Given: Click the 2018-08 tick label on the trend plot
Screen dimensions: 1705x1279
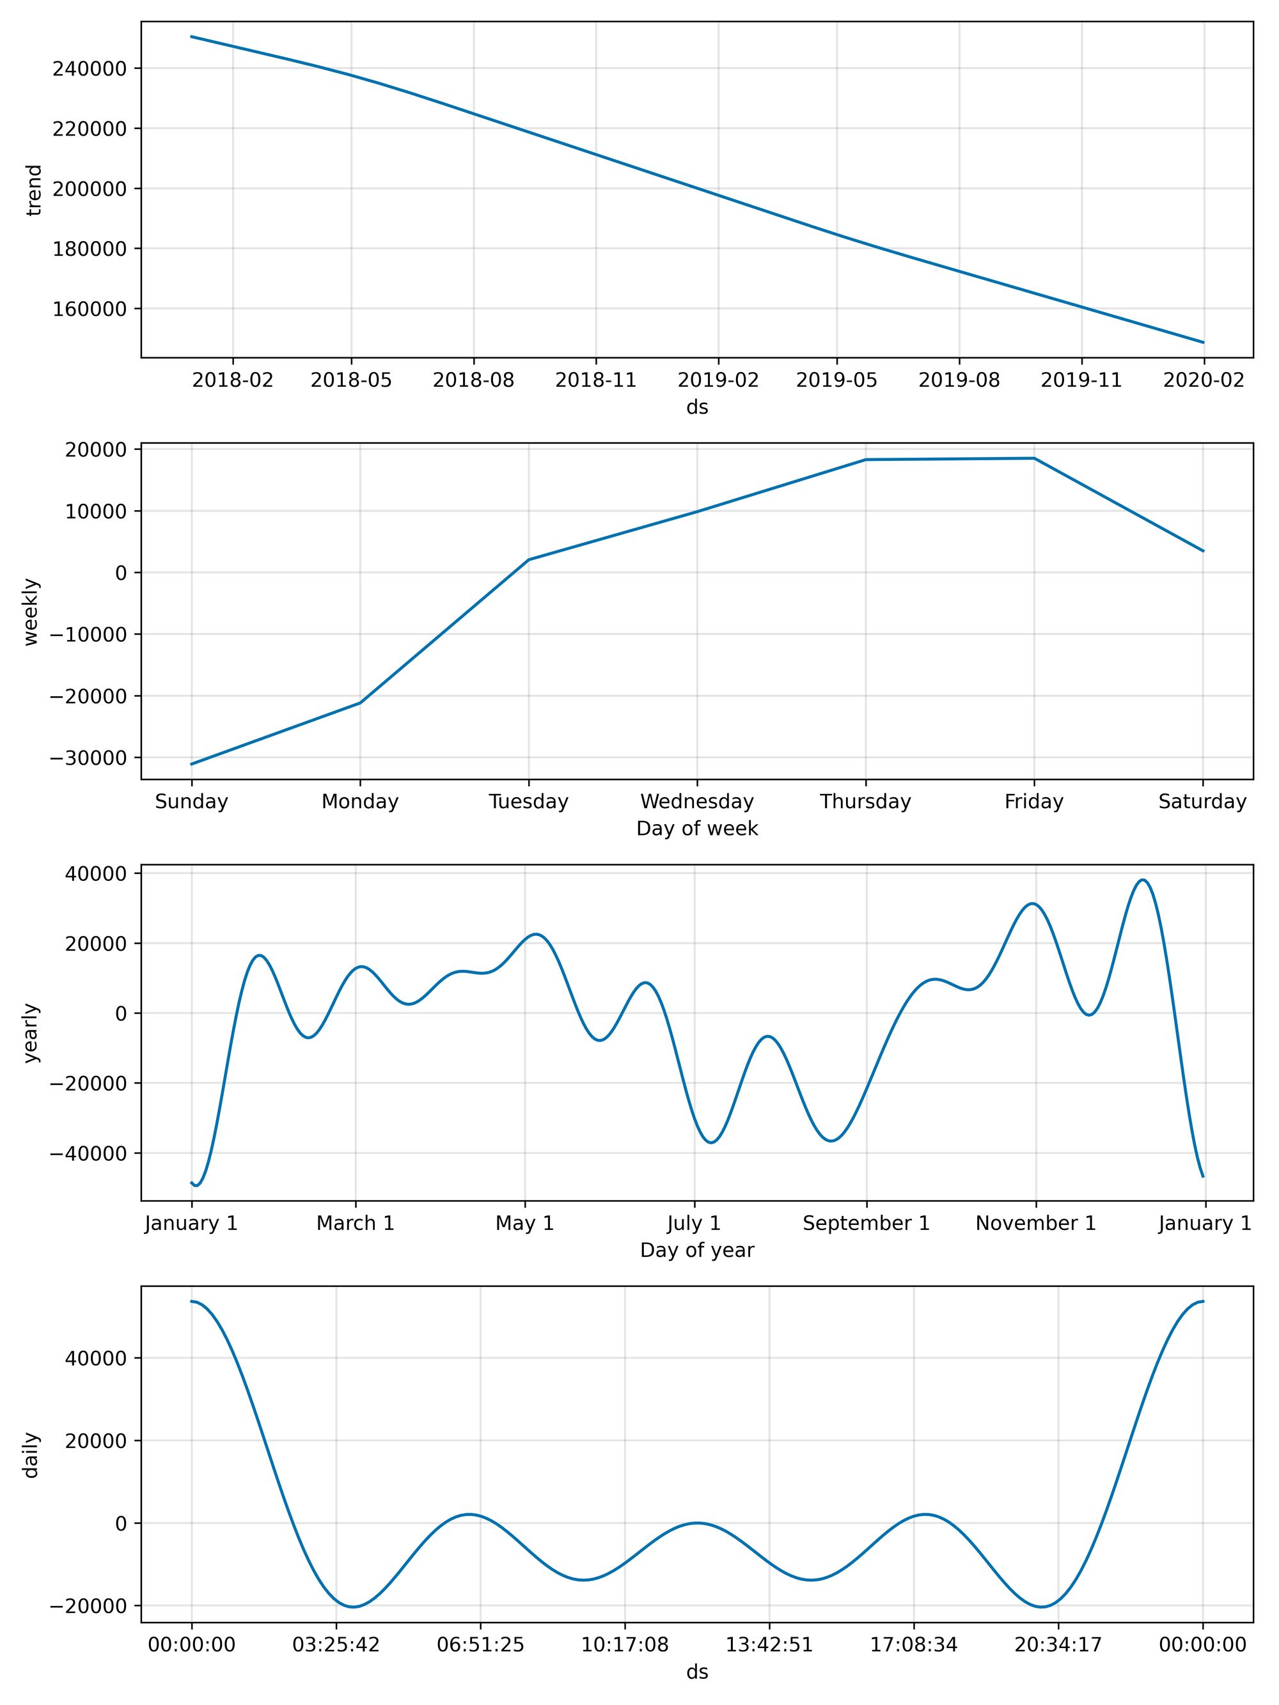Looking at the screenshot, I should [x=473, y=380].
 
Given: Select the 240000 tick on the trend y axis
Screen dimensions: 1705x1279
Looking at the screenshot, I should [x=89, y=68].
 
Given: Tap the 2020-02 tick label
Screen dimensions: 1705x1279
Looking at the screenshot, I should [x=1204, y=380].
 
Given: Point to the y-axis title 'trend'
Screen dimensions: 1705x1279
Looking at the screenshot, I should [x=34, y=190].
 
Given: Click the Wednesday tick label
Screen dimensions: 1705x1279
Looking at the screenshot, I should [x=696, y=802].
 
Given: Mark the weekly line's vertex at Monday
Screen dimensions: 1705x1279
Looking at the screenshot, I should [x=360, y=702].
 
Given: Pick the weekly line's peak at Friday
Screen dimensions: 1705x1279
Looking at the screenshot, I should [x=1034, y=458].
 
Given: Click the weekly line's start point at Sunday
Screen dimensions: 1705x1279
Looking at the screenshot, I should [x=192, y=764].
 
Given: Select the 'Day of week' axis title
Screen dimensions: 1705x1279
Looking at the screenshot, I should [x=696, y=829].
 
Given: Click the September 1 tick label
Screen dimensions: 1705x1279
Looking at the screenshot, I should [x=866, y=1223].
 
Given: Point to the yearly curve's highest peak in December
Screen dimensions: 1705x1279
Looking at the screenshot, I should [x=1143, y=880].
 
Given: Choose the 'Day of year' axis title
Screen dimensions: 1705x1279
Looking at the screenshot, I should [x=696, y=1250].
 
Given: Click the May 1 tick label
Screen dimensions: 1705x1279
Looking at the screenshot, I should [x=524, y=1223].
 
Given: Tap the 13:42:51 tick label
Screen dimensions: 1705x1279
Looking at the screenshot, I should [x=769, y=1645].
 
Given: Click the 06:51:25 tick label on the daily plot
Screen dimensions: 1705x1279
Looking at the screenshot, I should [x=480, y=1645].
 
